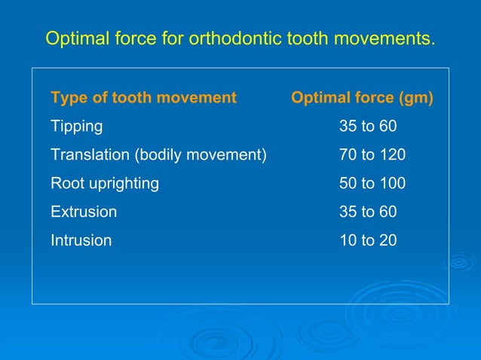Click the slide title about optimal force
(240, 38)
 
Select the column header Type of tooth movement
(143, 98)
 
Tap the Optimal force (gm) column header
(362, 98)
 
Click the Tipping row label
(76, 127)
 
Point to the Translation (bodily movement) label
(158, 155)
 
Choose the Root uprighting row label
(104, 184)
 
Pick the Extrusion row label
(83, 212)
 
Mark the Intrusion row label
(81, 241)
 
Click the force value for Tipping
(368, 127)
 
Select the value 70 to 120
(372, 155)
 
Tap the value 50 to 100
(372, 184)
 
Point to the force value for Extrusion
(368, 212)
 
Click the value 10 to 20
(368, 241)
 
